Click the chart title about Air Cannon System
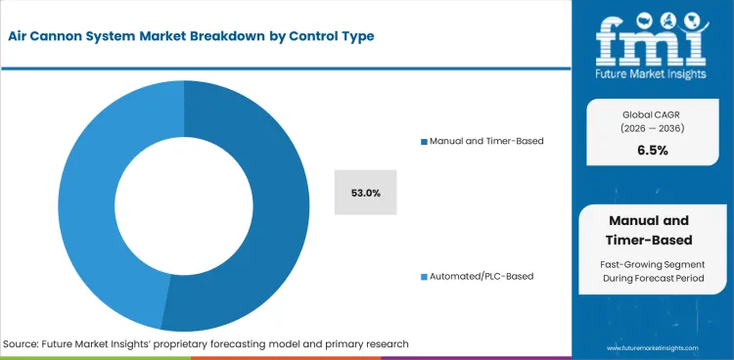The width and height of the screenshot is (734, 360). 193,36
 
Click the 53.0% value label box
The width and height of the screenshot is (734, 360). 365,193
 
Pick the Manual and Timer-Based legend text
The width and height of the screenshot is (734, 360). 485,141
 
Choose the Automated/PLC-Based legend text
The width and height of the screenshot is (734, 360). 481,277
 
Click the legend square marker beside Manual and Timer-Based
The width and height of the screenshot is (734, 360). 423,141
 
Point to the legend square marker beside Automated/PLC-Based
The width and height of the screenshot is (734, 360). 423,277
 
